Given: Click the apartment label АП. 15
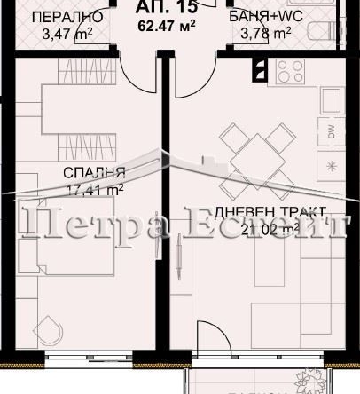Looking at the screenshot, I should point(156,9).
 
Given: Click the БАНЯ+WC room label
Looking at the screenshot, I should point(262,17).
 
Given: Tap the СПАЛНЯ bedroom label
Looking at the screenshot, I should point(93,172).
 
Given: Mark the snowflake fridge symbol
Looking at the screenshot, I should point(331,166).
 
